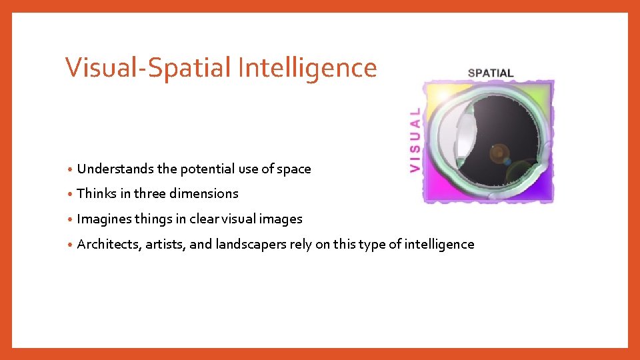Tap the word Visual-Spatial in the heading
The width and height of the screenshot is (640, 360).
[x=149, y=68]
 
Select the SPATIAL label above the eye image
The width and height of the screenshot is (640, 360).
[x=491, y=73]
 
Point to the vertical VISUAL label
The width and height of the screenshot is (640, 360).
[x=415, y=141]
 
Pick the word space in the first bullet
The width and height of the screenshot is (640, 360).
[x=294, y=169]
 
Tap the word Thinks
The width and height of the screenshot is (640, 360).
[x=97, y=194]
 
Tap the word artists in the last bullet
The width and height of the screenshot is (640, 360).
[x=163, y=245]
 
